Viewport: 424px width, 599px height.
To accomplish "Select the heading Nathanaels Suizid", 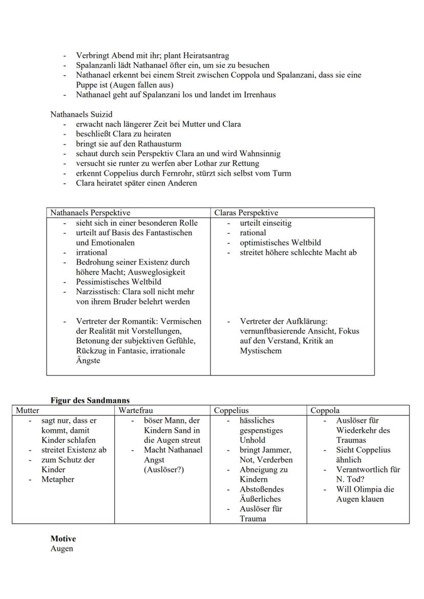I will [81, 114].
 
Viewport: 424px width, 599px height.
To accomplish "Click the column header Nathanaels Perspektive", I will [90, 212].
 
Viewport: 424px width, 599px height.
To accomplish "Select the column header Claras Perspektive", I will [246, 212].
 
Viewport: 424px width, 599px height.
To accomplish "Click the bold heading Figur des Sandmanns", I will [90, 401].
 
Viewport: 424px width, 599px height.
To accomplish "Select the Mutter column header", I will [28, 410].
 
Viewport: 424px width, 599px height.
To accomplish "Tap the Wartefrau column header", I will [136, 410].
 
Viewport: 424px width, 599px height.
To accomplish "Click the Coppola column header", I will [325, 410].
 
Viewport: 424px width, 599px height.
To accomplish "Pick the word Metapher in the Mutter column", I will [58, 479].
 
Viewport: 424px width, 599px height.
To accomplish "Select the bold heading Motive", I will [63, 539].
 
